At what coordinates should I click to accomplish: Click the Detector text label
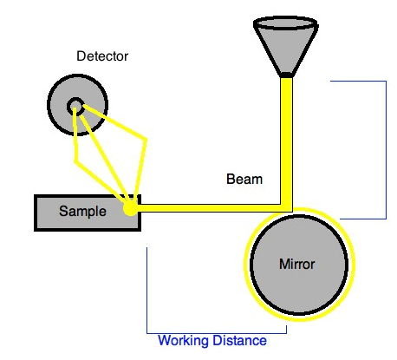pos(102,56)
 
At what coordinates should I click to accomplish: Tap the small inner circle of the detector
pos(75,106)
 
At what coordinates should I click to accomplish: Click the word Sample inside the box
pos(82,211)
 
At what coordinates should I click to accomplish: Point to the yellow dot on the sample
pos(130,208)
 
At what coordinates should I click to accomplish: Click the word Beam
pos(244,180)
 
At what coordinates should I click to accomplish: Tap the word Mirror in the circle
pos(296,264)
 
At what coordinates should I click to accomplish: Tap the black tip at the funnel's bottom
pos(286,75)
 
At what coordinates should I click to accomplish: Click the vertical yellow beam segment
pos(286,141)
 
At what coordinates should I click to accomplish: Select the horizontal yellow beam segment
pos(211,208)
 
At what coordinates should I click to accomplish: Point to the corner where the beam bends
pos(287,208)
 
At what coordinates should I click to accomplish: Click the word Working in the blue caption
pos(184,341)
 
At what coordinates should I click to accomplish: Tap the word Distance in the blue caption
pos(239,340)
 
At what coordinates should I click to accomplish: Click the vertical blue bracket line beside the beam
pos(386,150)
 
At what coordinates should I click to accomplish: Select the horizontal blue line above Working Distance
pos(217,333)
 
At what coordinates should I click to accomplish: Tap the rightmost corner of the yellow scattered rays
pos(146,141)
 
